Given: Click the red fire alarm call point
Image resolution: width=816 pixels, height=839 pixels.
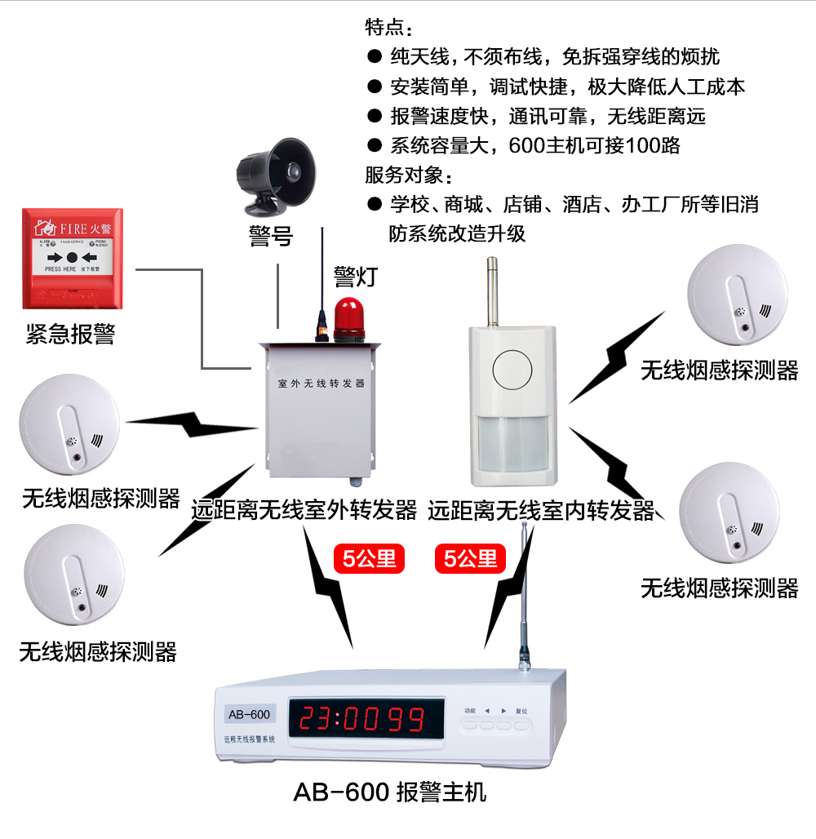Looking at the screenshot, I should click(x=73, y=258).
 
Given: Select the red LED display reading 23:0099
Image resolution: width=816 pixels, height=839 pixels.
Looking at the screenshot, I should click(x=361, y=718).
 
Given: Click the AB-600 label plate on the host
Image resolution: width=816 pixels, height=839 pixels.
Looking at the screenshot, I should click(x=249, y=715).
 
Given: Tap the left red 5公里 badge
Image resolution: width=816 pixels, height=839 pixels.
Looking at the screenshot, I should click(x=370, y=559).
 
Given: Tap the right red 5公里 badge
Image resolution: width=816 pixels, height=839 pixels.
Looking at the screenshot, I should click(x=471, y=559).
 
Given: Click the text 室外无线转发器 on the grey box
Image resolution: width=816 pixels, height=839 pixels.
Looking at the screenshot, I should click(x=321, y=382).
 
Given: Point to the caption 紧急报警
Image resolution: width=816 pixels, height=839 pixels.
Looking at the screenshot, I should click(x=70, y=334).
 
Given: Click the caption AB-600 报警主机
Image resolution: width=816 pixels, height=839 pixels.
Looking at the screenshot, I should click(x=389, y=792).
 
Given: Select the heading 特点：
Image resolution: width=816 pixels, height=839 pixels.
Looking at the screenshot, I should click(x=384, y=28).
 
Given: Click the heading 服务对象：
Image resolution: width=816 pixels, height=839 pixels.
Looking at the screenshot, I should click(x=408, y=175).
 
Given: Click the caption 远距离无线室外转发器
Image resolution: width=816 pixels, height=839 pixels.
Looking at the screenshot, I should click(x=304, y=511).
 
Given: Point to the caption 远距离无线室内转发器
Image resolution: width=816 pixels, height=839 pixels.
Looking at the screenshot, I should click(x=541, y=511).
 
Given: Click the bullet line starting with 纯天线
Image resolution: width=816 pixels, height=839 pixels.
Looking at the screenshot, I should click(x=555, y=57).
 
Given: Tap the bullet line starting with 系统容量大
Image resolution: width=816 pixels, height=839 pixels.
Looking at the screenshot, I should click(x=534, y=146).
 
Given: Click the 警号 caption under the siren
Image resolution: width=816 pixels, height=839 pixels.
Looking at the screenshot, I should click(x=270, y=236).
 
